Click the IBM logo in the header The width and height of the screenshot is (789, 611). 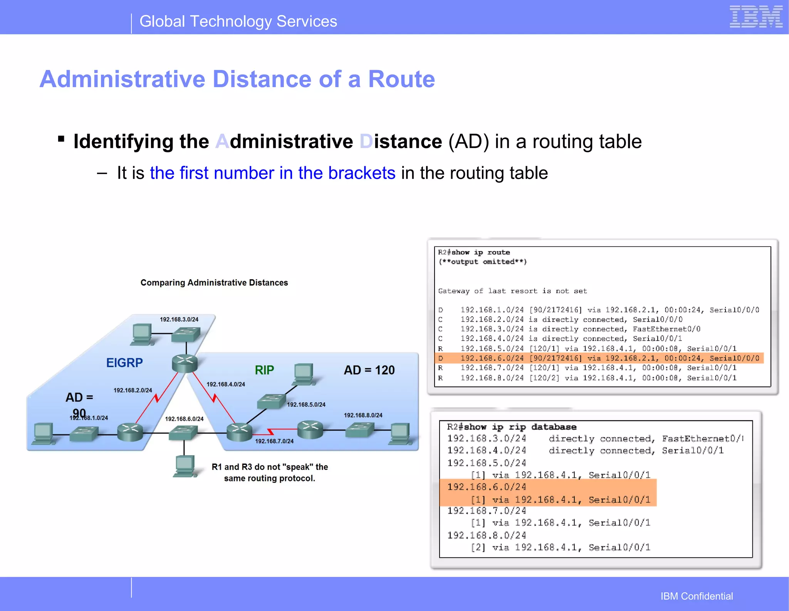[755, 17]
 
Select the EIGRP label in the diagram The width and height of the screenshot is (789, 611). [124, 363]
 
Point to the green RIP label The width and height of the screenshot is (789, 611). [264, 370]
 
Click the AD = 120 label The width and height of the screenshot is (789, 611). [369, 370]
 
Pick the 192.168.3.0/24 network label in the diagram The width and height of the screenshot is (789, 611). [179, 319]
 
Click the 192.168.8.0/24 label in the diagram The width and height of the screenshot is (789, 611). [363, 415]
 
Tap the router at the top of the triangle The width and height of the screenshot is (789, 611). [185, 363]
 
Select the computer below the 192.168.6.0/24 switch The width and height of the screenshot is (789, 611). [185, 466]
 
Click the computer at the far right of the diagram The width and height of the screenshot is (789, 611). [401, 434]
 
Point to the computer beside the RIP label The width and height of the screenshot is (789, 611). [304, 373]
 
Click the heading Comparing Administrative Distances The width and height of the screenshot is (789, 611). [214, 283]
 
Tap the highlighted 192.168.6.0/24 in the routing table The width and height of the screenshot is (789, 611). [492, 358]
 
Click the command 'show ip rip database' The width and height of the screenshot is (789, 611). [520, 427]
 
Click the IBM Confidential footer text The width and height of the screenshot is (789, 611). [697, 596]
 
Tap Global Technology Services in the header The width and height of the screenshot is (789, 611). [238, 22]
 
